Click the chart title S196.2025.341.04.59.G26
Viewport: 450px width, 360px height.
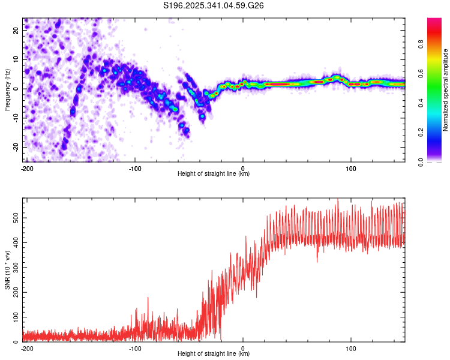click(x=214, y=6)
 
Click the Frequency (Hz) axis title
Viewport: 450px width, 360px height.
click(x=7, y=90)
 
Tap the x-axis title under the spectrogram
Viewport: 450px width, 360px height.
click(x=214, y=174)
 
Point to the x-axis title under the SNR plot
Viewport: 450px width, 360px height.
click(x=214, y=353)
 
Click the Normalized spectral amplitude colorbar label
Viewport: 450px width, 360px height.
click(x=446, y=90)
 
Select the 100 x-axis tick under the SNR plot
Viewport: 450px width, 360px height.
click(x=351, y=347)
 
